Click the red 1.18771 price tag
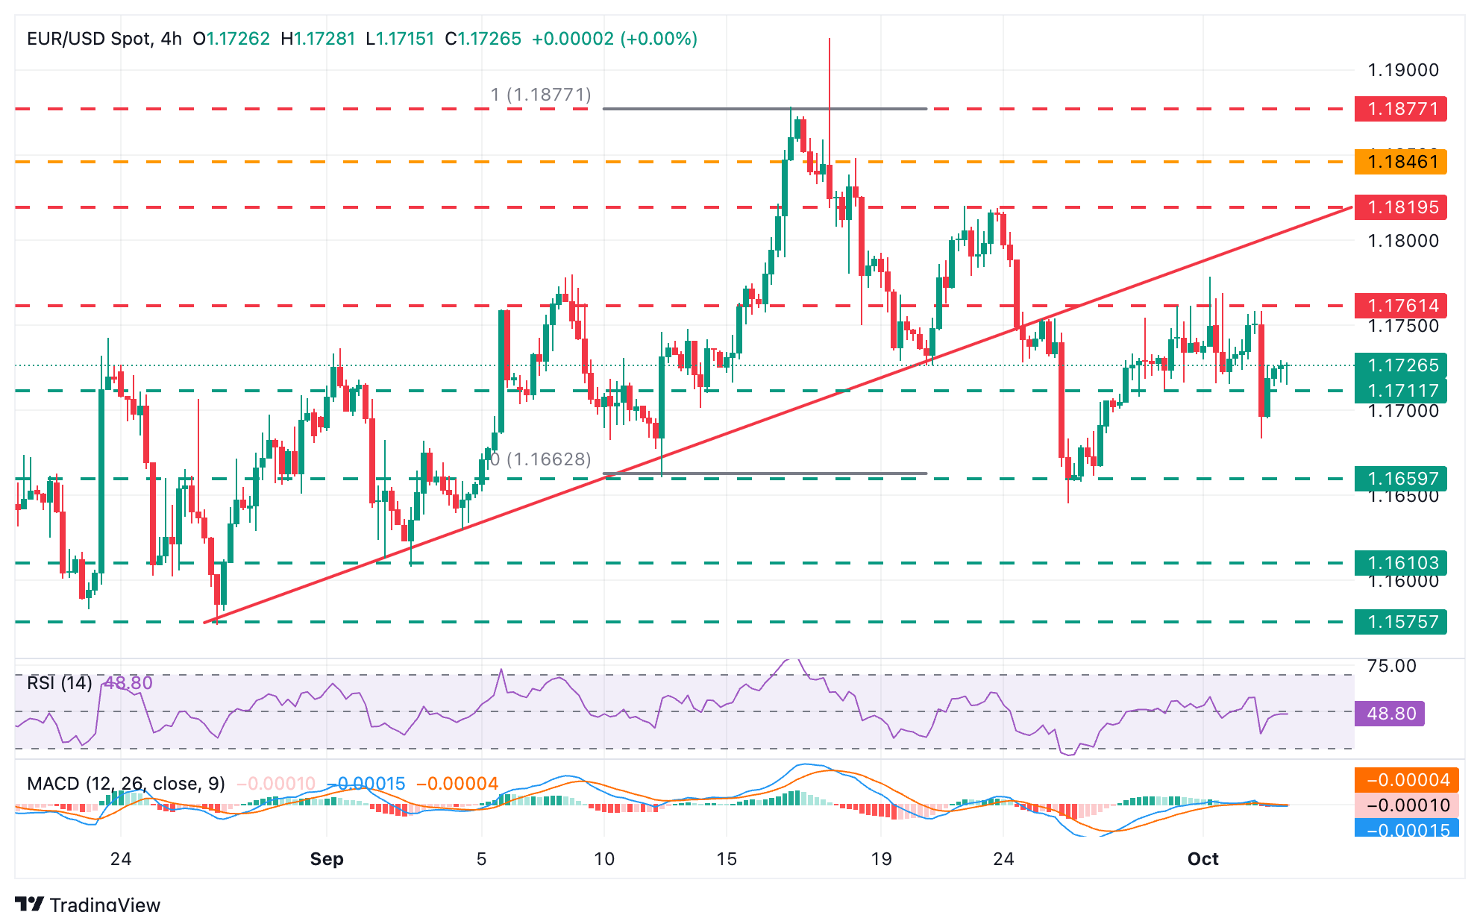tap(1400, 109)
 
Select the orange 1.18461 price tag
tap(1400, 161)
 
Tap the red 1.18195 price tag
tap(1400, 207)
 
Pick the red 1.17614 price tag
tap(1400, 306)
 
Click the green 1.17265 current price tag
tap(1400, 365)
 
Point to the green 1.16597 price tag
tap(1400, 479)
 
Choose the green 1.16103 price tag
tap(1400, 563)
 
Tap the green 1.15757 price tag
tap(1400, 622)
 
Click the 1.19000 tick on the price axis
tap(1402, 70)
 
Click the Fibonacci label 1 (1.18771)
tap(541, 95)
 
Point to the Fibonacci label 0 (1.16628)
tap(541, 459)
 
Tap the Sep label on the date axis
tap(327, 859)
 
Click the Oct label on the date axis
tap(1202, 859)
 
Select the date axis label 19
tap(881, 859)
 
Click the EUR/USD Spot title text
tap(89, 39)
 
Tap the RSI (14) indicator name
tap(60, 683)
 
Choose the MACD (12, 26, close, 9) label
tap(126, 784)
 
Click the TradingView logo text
tap(104, 904)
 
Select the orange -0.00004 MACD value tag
tap(1402, 780)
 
